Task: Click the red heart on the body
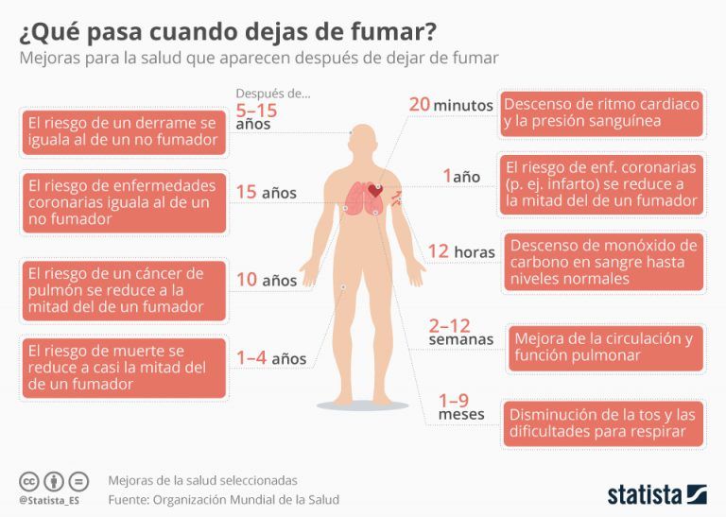tap(375, 191)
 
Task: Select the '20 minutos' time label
tap(450, 105)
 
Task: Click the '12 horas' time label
tap(460, 252)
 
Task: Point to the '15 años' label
tap(266, 193)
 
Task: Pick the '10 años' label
tap(266, 280)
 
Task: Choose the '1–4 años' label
tap(270, 358)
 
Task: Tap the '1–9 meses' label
tap(460, 407)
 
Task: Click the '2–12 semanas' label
tap(460, 332)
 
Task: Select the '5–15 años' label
tap(257, 116)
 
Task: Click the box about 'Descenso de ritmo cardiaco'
tap(601, 112)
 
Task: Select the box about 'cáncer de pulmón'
tap(124, 290)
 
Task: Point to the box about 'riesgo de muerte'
tap(124, 368)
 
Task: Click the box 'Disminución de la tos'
tap(603, 423)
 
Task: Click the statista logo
tap(656, 493)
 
